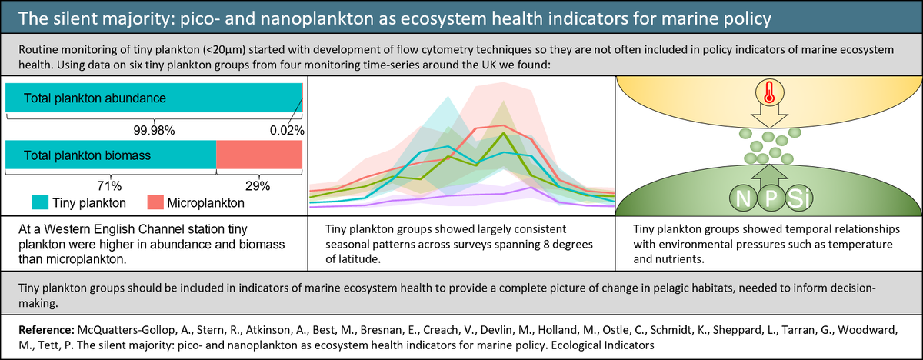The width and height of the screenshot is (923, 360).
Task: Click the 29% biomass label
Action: pos(258,185)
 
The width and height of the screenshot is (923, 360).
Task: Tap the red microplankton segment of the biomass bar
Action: pos(258,155)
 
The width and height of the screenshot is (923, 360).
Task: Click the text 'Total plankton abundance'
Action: pos(95,98)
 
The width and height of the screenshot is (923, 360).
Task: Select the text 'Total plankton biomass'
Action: pos(87,155)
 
